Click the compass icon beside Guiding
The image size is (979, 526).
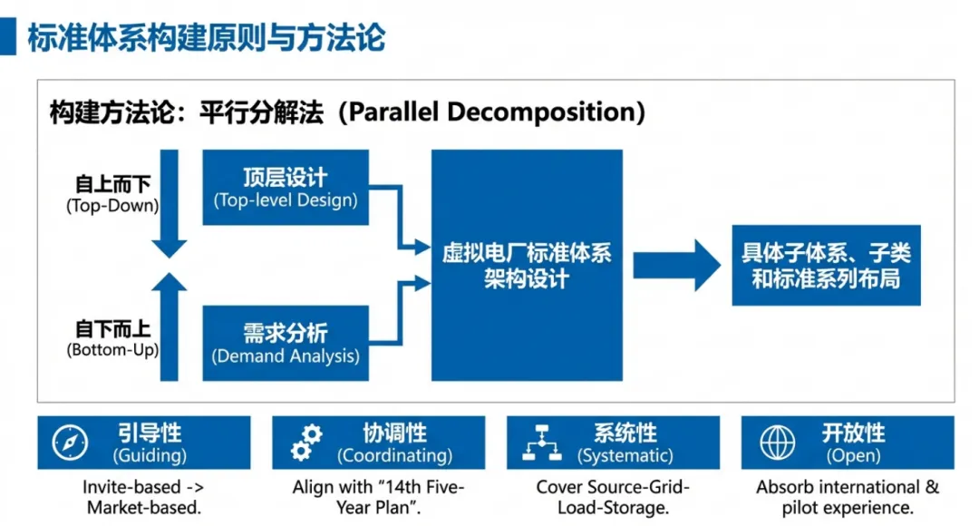[69, 443]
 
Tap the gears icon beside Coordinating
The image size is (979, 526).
[305, 443]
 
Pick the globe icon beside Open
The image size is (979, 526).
[777, 443]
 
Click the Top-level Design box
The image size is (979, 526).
[286, 188]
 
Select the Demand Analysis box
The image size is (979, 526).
[286, 344]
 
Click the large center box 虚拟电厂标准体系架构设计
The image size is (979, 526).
[527, 265]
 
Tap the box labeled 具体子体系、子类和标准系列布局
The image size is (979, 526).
[826, 265]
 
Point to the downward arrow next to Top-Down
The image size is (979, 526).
[170, 204]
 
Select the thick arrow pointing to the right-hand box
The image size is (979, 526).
[675, 265]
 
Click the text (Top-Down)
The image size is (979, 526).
[112, 206]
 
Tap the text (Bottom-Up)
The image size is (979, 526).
[112, 349]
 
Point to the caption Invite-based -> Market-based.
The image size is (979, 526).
[144, 497]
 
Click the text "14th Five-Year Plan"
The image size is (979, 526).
[400, 497]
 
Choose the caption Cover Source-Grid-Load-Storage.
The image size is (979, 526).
[613, 497]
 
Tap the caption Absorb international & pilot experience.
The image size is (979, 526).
[848, 497]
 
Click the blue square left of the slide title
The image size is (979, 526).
[8, 37]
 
